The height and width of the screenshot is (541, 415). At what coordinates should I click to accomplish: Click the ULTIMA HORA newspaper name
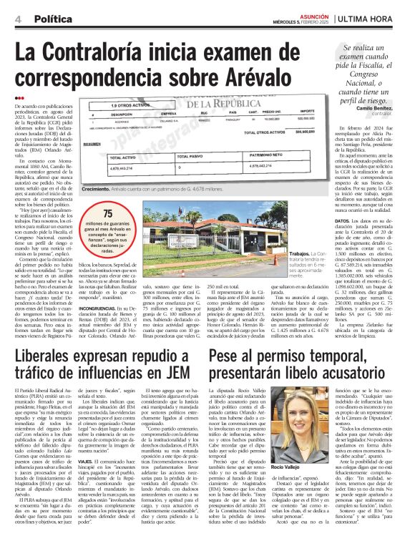[373, 17]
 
